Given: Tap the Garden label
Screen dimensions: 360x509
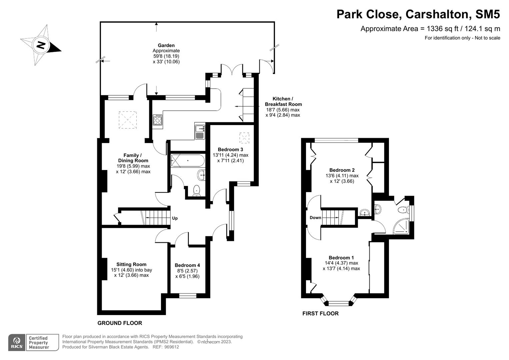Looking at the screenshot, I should [166, 45].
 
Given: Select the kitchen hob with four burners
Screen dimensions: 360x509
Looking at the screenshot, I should [158, 120].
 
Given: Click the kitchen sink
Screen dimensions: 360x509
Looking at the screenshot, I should [200, 131].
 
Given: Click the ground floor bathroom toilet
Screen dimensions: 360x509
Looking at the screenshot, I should [197, 190].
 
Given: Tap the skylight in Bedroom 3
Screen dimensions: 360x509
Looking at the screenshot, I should [244, 137].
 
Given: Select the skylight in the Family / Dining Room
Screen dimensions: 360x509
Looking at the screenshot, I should [128, 120].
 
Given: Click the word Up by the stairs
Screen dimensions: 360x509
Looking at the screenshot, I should [175, 218].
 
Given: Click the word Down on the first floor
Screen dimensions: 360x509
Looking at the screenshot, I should [315, 218].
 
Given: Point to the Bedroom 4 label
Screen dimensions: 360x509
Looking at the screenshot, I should [187, 265].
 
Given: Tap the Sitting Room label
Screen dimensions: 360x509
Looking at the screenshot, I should [131, 264].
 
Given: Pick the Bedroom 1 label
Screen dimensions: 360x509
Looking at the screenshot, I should [341, 258].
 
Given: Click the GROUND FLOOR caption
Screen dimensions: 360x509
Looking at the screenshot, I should [120, 323].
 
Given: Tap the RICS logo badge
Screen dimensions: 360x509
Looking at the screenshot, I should [16, 342].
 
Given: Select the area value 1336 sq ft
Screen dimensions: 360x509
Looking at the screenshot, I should [439, 29].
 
